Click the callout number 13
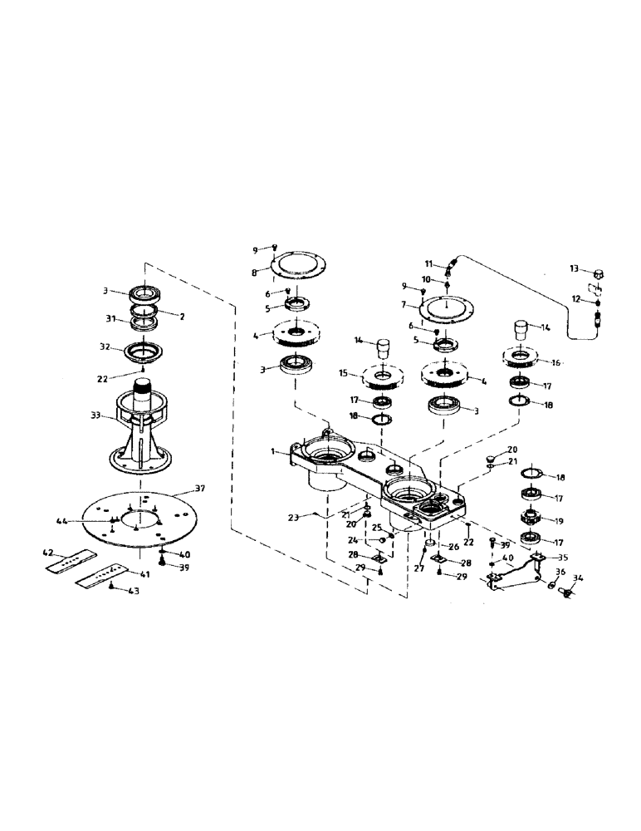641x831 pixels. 574,269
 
